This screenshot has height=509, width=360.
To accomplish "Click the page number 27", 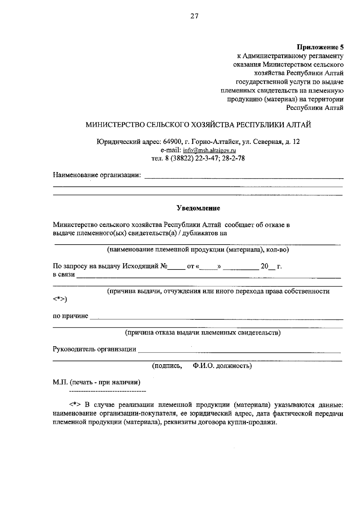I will [x=194, y=16].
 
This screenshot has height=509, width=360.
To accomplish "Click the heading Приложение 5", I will [x=320, y=47].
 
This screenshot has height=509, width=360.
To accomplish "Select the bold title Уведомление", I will [x=198, y=208].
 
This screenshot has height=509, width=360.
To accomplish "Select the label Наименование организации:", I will [x=97, y=175].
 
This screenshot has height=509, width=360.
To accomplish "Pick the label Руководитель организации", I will [x=94, y=349].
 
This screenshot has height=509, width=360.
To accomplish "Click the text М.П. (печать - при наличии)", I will [x=97, y=382].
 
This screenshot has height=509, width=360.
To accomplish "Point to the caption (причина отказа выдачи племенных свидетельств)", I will [x=203, y=332].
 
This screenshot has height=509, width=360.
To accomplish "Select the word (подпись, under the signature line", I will [x=167, y=366].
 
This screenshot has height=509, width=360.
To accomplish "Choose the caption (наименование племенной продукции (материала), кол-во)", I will [x=198, y=250].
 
